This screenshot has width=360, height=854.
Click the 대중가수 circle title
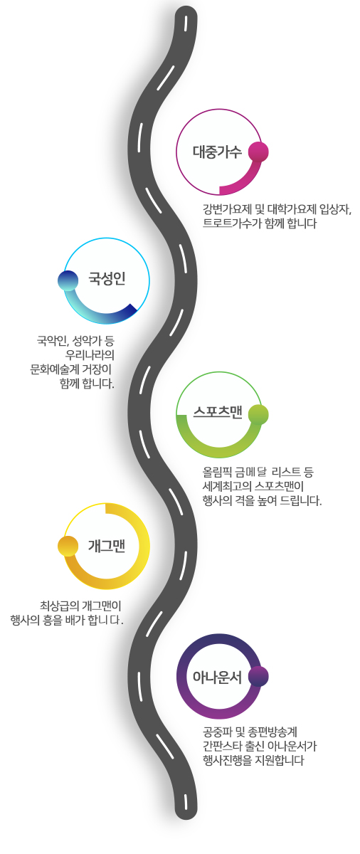pyautogui.click(x=217, y=152)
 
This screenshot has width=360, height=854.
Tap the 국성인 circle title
pyautogui.click(x=107, y=278)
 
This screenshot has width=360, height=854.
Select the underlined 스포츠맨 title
pyautogui.click(x=218, y=412)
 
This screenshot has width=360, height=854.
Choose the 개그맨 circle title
pyautogui.click(x=107, y=546)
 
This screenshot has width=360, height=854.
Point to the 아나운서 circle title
pyautogui.click(x=217, y=677)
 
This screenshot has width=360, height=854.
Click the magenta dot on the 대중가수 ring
pyautogui.click(x=258, y=152)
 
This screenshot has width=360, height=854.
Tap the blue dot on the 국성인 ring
pyautogui.click(x=68, y=280)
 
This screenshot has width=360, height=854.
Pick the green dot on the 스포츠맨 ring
pyautogui.click(x=258, y=414)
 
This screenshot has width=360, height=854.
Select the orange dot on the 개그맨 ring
pyautogui.click(x=68, y=546)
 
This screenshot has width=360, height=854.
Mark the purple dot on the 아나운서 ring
pyautogui.click(x=258, y=677)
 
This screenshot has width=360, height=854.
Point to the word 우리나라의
pyautogui.click(x=90, y=354)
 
